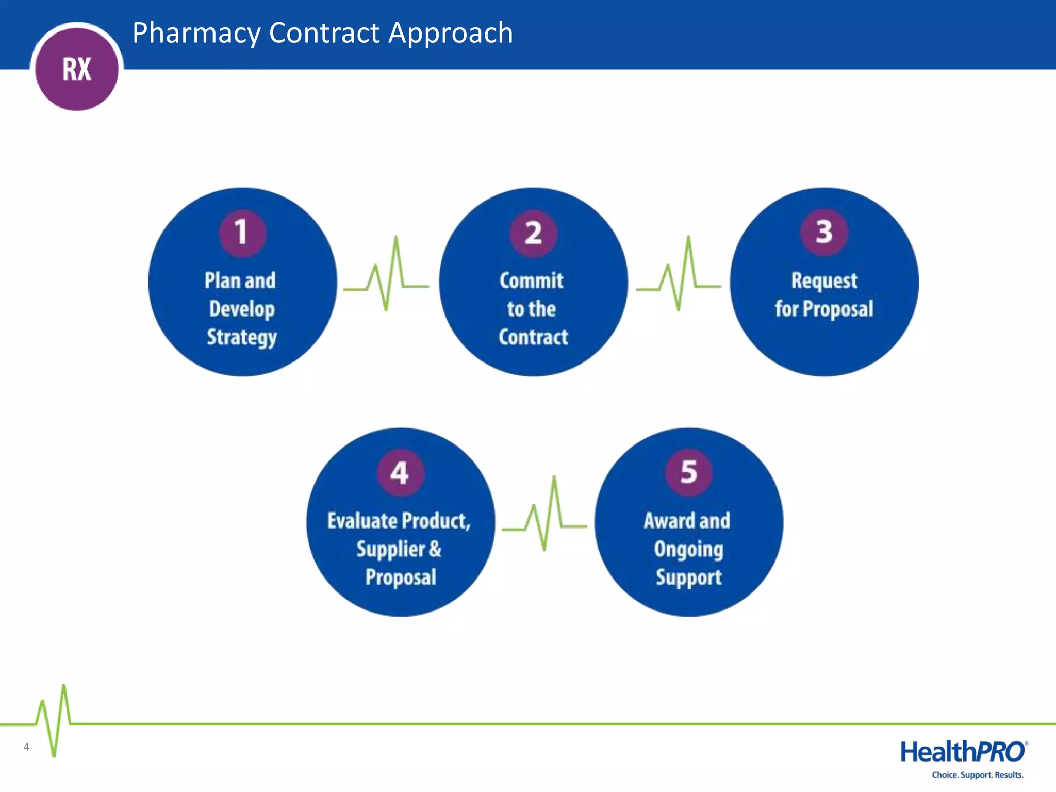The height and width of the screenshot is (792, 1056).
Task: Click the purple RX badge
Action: pyautogui.click(x=77, y=69)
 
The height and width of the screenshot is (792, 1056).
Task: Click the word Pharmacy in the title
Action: pyautogui.click(x=196, y=34)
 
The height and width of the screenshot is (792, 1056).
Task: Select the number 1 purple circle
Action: pyautogui.click(x=242, y=233)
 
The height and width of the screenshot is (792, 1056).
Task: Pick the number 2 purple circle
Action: pyautogui.click(x=533, y=233)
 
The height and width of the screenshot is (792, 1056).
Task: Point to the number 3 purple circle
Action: pyautogui.click(x=823, y=232)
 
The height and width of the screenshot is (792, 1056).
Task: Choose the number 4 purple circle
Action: pyautogui.click(x=400, y=472)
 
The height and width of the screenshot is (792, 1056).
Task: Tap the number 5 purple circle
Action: pyautogui.click(x=688, y=472)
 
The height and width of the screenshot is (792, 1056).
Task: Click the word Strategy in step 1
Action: pyautogui.click(x=242, y=337)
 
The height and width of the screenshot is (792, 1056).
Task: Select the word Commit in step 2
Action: pyautogui.click(x=531, y=280)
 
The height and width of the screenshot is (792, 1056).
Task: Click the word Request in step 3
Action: pyautogui.click(x=824, y=281)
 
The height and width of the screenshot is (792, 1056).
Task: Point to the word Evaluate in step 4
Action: pyautogui.click(x=361, y=521)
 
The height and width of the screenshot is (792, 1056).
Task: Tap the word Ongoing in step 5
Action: pyautogui.click(x=688, y=549)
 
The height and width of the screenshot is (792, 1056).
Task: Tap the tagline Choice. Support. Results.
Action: pyautogui.click(x=977, y=775)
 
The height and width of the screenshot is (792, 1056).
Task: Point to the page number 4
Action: pyautogui.click(x=26, y=747)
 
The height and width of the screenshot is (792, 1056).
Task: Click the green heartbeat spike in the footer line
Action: pyautogui.click(x=54, y=722)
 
